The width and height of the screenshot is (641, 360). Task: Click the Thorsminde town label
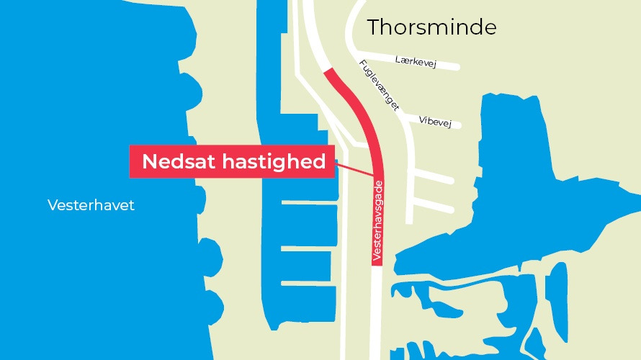431,28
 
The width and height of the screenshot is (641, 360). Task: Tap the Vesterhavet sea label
91,206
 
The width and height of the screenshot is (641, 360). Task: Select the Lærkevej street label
417,60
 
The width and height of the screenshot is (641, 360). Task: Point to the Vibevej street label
434,122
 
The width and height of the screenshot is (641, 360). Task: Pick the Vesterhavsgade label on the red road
376,220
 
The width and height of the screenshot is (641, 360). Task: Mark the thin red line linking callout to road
355,169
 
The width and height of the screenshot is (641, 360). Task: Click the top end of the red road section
330,71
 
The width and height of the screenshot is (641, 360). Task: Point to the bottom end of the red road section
376,263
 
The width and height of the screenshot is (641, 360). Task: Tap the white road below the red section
376,310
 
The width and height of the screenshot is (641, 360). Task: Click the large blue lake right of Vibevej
519,144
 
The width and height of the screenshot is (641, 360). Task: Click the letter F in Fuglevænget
362,65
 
